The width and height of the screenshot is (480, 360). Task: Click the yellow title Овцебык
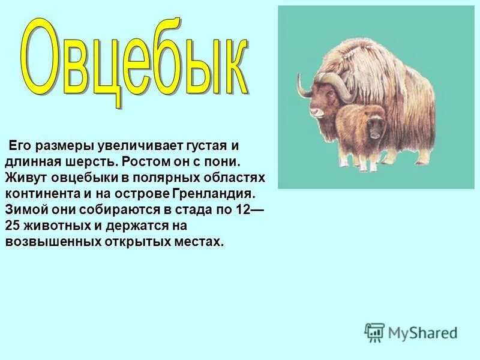(135, 63)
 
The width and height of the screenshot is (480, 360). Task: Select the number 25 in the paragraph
(13, 226)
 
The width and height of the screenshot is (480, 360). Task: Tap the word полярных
(162, 178)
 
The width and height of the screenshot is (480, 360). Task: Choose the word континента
(42, 194)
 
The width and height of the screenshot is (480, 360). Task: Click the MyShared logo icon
(374, 332)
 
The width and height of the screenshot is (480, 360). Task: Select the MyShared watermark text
(422, 332)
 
